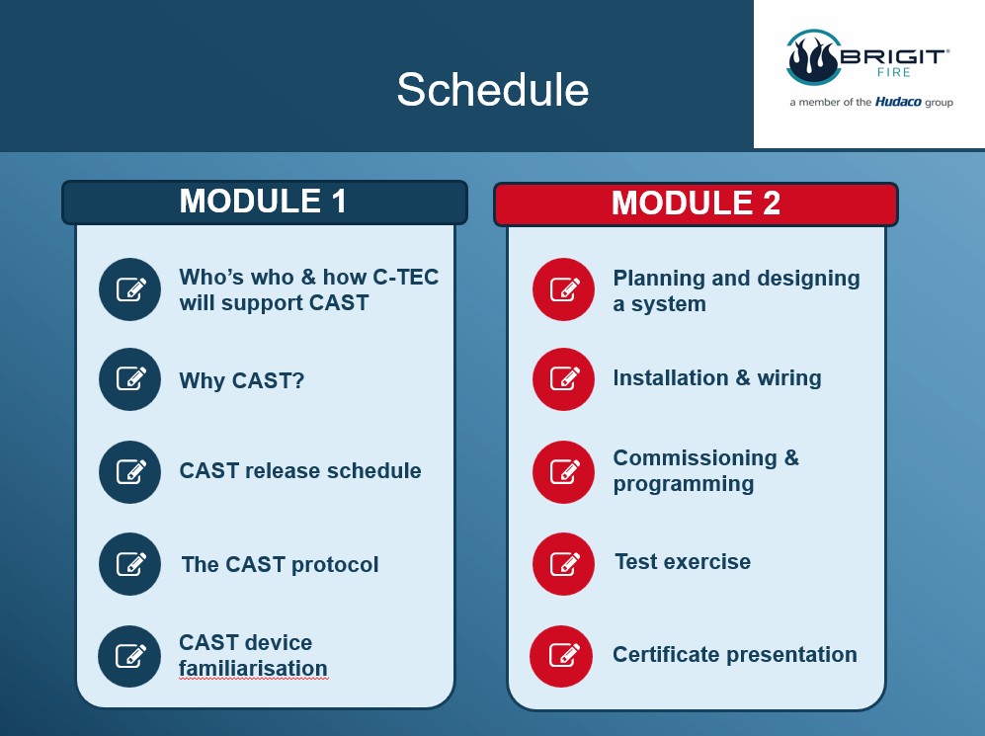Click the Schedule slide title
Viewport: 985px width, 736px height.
[x=493, y=89]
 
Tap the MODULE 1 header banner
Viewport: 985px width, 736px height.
[x=265, y=203]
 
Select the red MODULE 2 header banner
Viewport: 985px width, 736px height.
[x=697, y=204]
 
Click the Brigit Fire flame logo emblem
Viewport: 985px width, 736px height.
[x=814, y=57]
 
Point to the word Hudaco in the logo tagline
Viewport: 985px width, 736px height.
[x=898, y=102]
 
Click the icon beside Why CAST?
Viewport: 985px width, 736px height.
[x=130, y=379]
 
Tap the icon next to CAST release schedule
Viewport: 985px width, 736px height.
[x=130, y=471]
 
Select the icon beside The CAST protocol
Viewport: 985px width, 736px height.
[x=130, y=564]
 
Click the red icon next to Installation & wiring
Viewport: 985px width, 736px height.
[x=563, y=379]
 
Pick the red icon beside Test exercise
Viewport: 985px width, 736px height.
[x=563, y=564]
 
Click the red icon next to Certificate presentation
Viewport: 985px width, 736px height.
[x=561, y=656]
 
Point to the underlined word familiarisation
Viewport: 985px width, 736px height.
[x=253, y=669]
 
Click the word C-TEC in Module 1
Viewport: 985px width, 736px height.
[x=406, y=277]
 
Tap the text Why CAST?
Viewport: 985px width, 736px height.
[x=242, y=380]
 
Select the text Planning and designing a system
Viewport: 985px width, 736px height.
[x=736, y=290]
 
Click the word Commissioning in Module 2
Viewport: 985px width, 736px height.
[x=695, y=458]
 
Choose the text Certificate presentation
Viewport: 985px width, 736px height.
[x=735, y=654]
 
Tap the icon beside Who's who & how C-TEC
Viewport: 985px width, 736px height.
[x=130, y=289]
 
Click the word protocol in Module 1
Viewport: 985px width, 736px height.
[x=335, y=565]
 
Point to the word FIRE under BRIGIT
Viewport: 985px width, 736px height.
[x=894, y=72]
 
